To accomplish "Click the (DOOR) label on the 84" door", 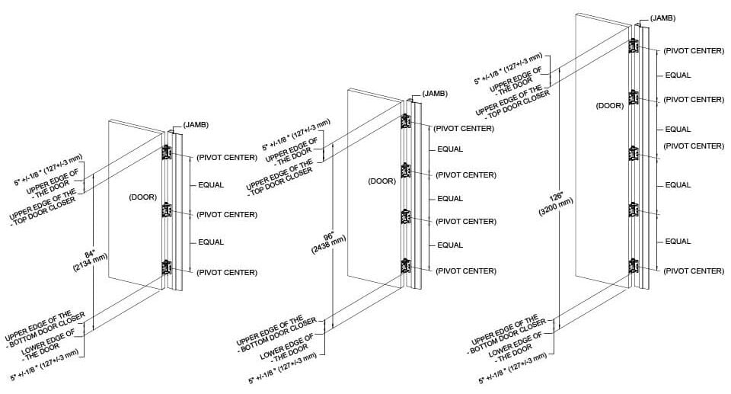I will coord(142,196).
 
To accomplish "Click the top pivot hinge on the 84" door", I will coord(166,152).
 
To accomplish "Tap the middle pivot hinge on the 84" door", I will coord(166,210).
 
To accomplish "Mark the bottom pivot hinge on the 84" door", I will coord(166,267).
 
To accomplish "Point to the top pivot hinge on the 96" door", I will coord(406,122).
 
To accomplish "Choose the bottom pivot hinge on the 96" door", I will coord(406,266).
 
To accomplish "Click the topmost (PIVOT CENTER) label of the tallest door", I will coord(693,50).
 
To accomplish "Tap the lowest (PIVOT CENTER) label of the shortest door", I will coord(227,272).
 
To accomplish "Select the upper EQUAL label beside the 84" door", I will coord(211,185).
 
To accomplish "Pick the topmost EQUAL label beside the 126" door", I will coord(678,75).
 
